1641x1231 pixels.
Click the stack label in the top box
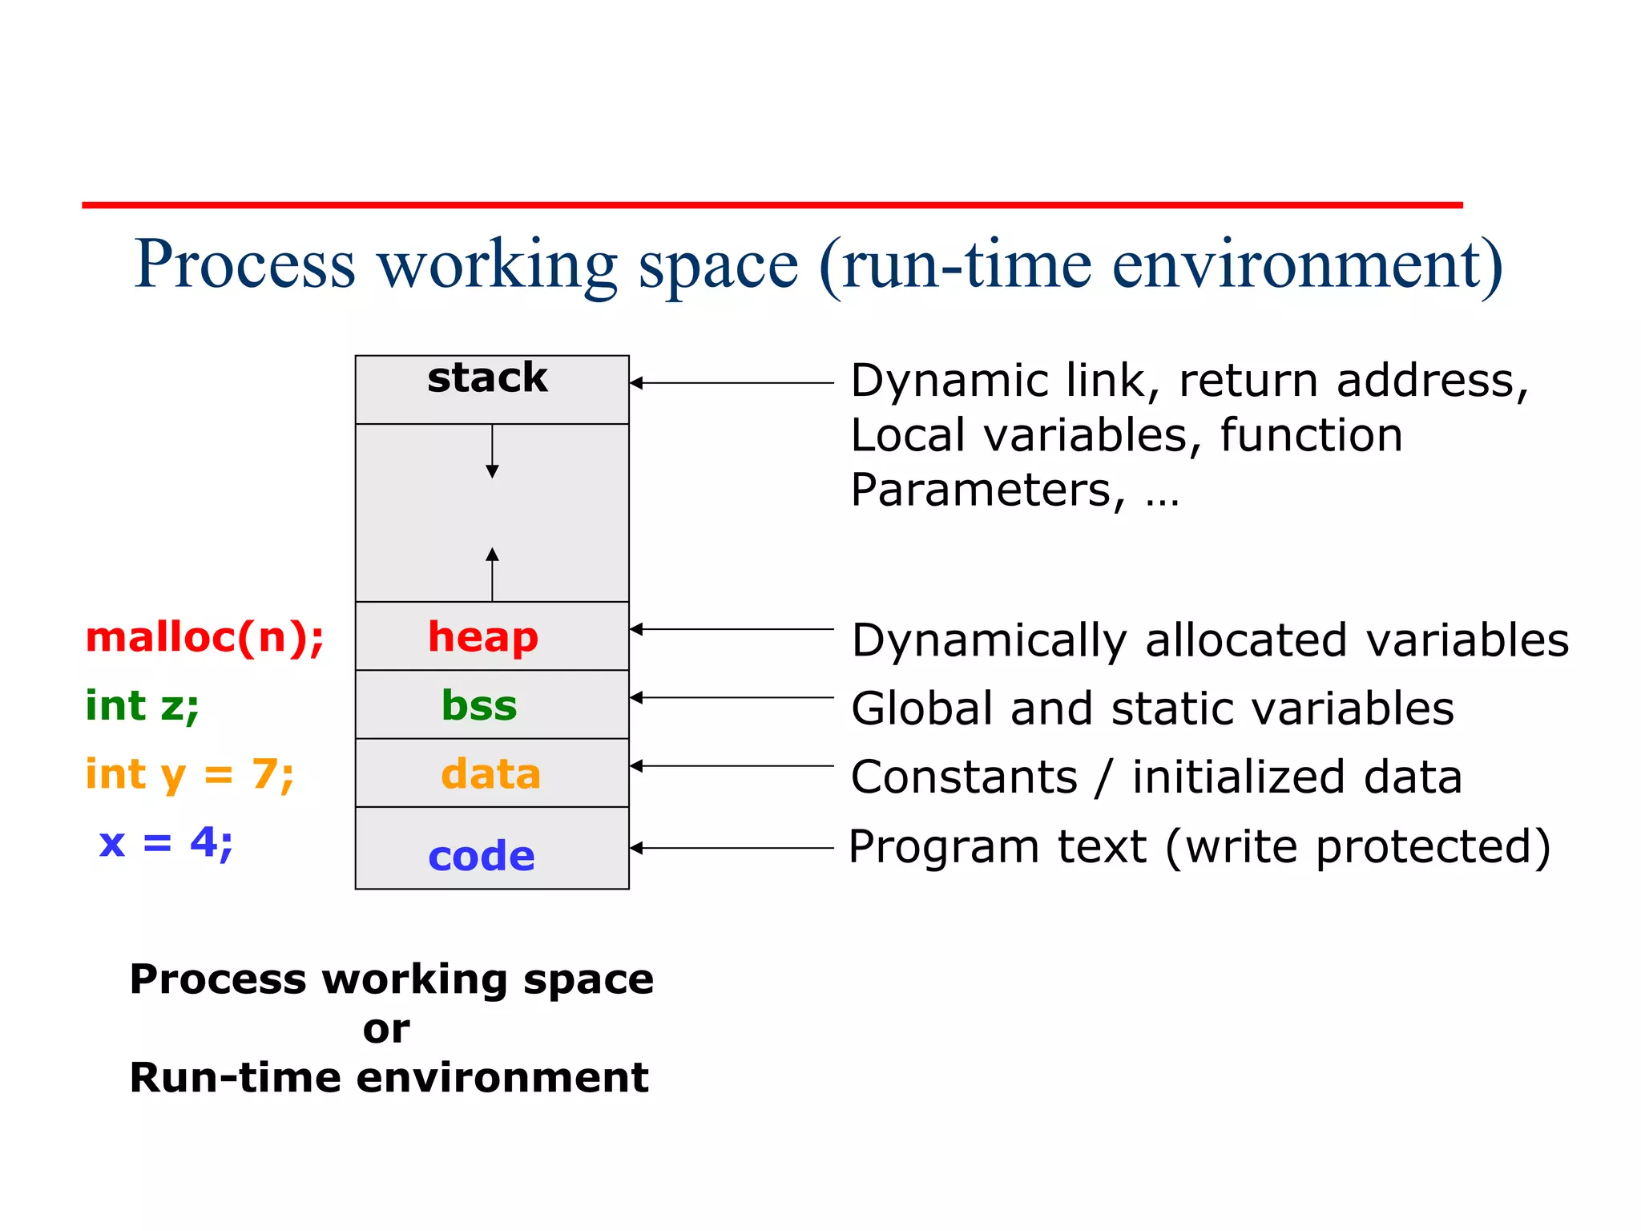(x=487, y=377)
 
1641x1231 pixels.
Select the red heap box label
(x=482, y=637)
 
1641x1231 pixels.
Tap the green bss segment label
(x=479, y=706)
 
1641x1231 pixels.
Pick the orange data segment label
(x=490, y=774)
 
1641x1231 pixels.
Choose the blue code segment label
(x=481, y=856)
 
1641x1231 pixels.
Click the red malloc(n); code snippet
(x=204, y=637)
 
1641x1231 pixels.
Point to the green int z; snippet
(x=142, y=706)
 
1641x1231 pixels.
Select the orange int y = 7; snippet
(x=190, y=774)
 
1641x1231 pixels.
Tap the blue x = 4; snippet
(x=166, y=842)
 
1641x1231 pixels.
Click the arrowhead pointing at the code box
(x=636, y=848)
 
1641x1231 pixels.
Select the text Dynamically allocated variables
(x=1209, y=640)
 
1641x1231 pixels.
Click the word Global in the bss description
(x=922, y=708)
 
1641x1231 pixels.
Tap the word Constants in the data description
(x=964, y=777)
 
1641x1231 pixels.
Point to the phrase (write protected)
(x=1357, y=847)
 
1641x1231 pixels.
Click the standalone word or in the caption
(x=386, y=1029)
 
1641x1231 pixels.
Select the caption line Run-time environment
(x=389, y=1077)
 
